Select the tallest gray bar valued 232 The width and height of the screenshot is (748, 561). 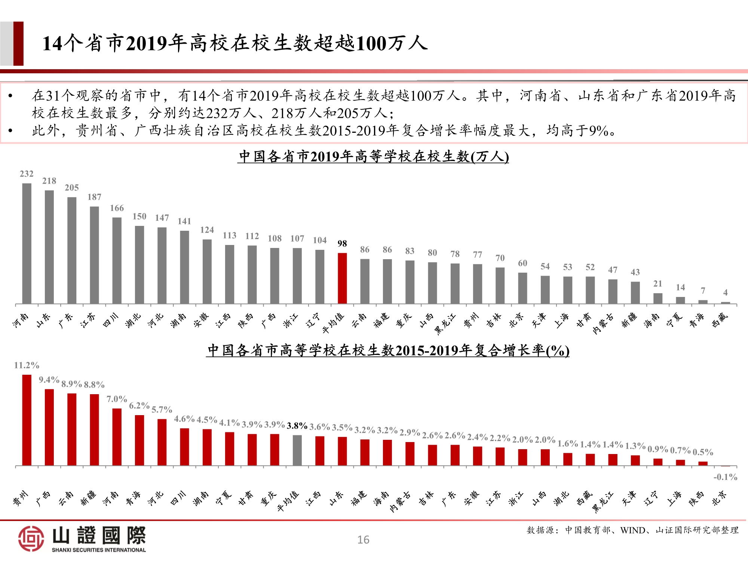point(27,243)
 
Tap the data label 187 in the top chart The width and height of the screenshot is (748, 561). point(94,197)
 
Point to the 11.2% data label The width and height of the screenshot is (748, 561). point(27,365)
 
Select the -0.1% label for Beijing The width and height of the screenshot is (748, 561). point(725,477)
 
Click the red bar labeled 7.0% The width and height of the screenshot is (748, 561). point(117,436)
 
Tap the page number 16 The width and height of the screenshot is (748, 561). point(363,540)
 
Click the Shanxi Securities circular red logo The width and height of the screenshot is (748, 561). point(31,538)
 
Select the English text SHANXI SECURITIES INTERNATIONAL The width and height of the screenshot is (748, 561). point(99,550)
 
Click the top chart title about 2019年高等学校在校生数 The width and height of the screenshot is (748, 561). point(373,156)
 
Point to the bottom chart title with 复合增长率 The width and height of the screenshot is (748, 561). point(388,350)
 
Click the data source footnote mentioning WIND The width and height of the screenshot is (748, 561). point(632,530)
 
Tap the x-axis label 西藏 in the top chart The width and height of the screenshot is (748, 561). point(720,320)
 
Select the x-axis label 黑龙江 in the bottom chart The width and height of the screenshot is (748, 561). point(603,502)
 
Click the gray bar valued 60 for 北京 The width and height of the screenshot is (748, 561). point(522,288)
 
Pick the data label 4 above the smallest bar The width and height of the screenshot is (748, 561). point(725,292)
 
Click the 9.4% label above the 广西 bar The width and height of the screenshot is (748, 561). point(49,380)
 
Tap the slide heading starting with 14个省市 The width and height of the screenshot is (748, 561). point(235,43)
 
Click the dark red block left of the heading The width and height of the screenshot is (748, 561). point(18,43)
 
